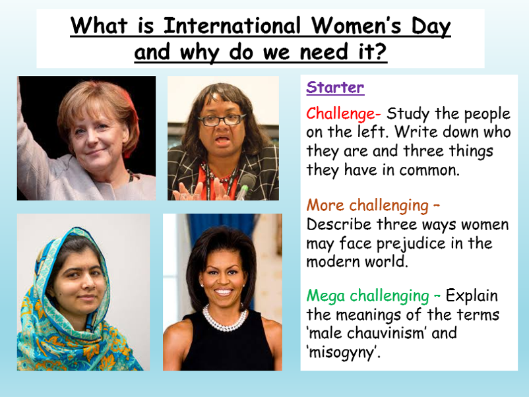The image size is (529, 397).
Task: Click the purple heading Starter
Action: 335,87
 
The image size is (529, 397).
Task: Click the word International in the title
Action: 232,26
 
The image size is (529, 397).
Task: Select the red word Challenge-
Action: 344,113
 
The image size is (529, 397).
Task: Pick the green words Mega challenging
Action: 368,296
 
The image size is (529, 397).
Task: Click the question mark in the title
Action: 380,51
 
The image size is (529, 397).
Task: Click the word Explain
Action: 472,296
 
